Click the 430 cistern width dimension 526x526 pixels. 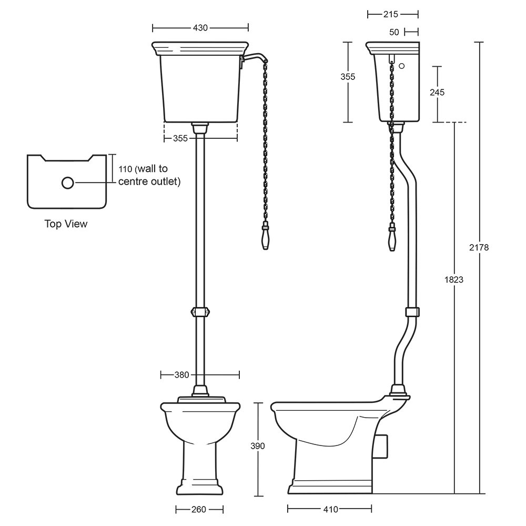pyautogui.click(x=200, y=28)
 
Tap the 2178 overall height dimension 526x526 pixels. pyautogui.click(x=479, y=248)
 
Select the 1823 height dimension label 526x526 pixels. pyautogui.click(x=453, y=279)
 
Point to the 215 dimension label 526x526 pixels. pyautogui.click(x=391, y=14)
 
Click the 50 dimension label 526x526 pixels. pyautogui.click(x=394, y=32)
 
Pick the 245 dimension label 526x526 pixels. pyautogui.click(x=437, y=92)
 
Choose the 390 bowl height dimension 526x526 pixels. pyautogui.click(x=258, y=446)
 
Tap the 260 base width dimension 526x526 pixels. pyautogui.click(x=199, y=510)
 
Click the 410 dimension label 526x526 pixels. pyautogui.click(x=330, y=510)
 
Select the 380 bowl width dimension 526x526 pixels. pyautogui.click(x=182, y=375)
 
